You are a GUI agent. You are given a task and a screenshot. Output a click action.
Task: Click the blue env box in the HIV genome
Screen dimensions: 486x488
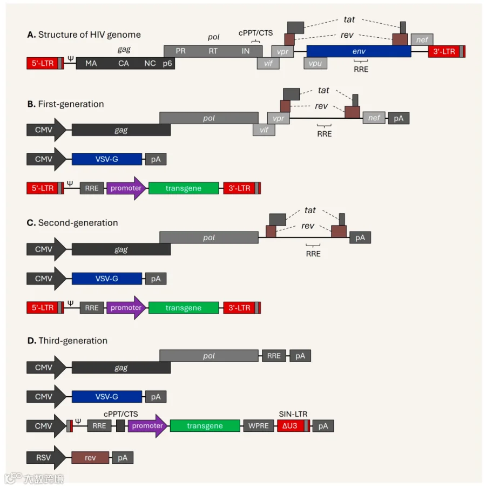pyautogui.click(x=359, y=51)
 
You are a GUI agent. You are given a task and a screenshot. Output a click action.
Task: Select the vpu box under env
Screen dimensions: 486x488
pyautogui.click(x=315, y=63)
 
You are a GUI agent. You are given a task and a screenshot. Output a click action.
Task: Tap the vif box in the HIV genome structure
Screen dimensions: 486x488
pyautogui.click(x=268, y=63)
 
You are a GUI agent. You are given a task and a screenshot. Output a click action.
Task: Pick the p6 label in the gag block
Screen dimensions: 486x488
pyautogui.click(x=167, y=64)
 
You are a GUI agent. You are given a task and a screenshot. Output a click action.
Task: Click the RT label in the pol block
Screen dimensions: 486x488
pyautogui.click(x=213, y=51)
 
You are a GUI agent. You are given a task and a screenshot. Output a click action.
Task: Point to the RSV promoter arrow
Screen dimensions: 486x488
pyautogui.click(x=46, y=458)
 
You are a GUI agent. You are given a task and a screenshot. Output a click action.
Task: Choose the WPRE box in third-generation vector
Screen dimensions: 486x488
pyautogui.click(x=259, y=426)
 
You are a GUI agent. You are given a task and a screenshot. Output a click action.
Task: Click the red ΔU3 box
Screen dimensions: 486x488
pyautogui.click(x=291, y=426)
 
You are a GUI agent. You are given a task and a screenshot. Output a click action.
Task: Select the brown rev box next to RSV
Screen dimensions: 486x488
pyautogui.click(x=90, y=458)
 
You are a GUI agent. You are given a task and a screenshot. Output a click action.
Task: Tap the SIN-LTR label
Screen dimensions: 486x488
pyautogui.click(x=293, y=414)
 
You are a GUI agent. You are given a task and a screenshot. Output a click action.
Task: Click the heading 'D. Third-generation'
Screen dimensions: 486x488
pyautogui.click(x=67, y=341)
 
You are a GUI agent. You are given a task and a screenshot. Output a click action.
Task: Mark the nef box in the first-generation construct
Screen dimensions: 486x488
pyautogui.click(x=374, y=118)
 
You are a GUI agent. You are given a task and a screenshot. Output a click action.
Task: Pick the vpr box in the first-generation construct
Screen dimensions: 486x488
pyautogui.click(x=278, y=118)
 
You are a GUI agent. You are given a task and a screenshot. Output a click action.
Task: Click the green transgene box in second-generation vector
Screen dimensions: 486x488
pyautogui.click(x=184, y=308)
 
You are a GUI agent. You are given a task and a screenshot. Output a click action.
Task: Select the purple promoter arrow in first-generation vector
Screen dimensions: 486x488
pyautogui.click(x=126, y=188)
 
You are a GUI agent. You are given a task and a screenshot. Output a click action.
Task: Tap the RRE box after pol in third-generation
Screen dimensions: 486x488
pyautogui.click(x=274, y=356)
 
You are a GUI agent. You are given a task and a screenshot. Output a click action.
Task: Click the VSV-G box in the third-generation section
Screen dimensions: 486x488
pyautogui.click(x=107, y=397)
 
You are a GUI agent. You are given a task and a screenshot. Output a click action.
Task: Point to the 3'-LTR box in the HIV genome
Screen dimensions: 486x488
pyautogui.click(x=447, y=51)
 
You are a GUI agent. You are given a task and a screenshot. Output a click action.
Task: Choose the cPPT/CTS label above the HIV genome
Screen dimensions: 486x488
pyautogui.click(x=255, y=33)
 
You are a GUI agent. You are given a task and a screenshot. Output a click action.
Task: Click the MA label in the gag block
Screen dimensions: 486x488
pyautogui.click(x=91, y=64)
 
